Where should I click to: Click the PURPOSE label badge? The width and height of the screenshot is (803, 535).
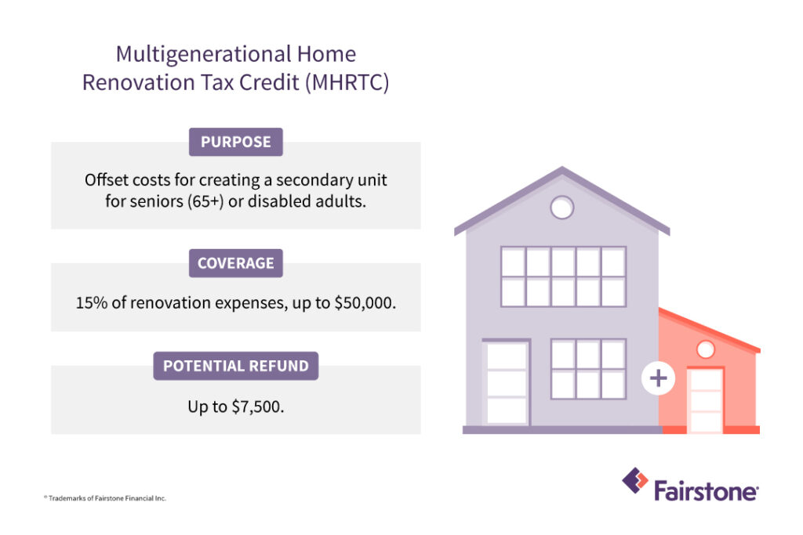(235, 142)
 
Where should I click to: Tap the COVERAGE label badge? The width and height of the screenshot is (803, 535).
(235, 263)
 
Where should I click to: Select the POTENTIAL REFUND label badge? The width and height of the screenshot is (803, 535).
(235, 366)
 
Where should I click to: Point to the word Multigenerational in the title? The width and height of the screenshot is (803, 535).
(203, 54)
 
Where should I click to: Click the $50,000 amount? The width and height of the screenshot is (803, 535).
(365, 303)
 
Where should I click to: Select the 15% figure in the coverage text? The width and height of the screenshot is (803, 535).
(92, 303)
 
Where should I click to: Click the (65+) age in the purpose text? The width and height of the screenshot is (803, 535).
(205, 201)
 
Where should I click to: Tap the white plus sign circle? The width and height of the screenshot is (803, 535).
(658, 378)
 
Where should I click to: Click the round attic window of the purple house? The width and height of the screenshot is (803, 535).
(561, 208)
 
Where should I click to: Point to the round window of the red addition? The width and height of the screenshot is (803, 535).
(706, 350)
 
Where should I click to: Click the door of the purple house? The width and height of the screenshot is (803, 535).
(507, 382)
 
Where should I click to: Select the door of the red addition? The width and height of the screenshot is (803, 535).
(706, 400)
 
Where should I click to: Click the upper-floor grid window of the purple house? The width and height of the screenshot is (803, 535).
(563, 277)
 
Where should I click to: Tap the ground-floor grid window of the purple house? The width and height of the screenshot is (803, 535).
(588, 369)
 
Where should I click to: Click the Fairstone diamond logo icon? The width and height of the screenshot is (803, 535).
(635, 481)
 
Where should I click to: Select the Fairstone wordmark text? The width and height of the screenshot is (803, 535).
(707, 491)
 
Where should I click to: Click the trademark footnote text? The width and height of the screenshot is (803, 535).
(105, 498)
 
